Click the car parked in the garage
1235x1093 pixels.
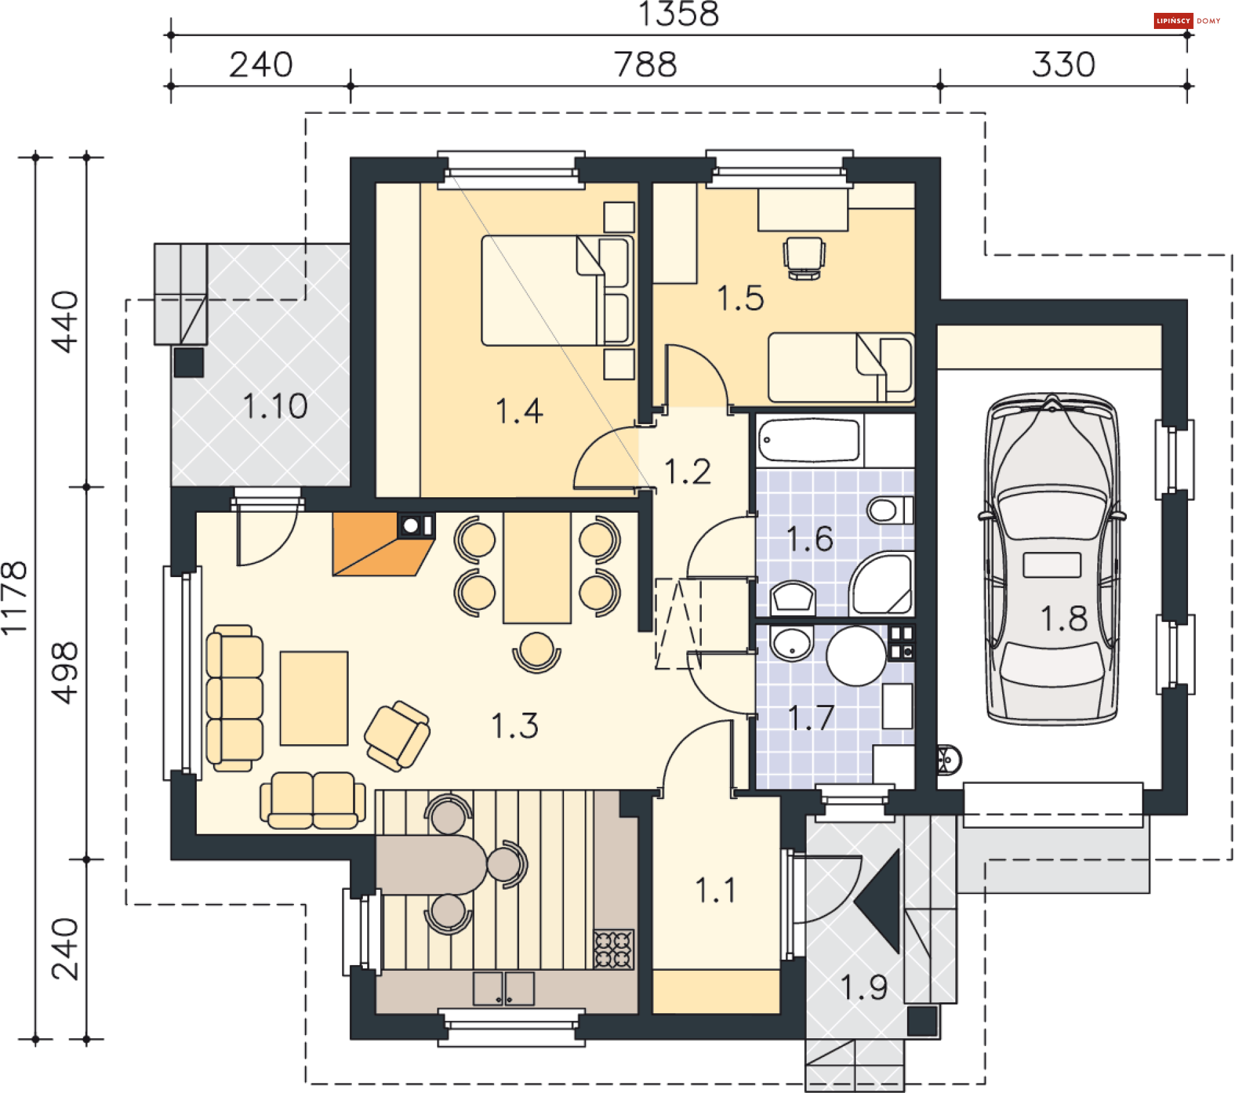pyautogui.click(x=1052, y=560)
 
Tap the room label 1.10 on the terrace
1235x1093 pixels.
pyautogui.click(x=275, y=406)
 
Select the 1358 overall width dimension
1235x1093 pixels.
pyautogui.click(x=679, y=14)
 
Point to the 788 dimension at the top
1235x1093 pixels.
pyautogui.click(x=646, y=64)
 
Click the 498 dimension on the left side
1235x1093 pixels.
pyautogui.click(x=65, y=672)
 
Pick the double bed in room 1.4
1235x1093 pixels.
pyautogui.click(x=557, y=291)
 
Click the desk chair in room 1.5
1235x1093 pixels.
pyautogui.click(x=804, y=258)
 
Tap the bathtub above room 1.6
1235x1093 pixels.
pyautogui.click(x=809, y=440)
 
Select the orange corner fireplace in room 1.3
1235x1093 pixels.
pyautogui.click(x=383, y=544)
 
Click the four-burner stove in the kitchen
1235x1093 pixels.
pyautogui.click(x=614, y=950)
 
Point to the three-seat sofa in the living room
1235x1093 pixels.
pyautogui.click(x=234, y=698)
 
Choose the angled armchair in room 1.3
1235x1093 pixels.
pyautogui.click(x=397, y=736)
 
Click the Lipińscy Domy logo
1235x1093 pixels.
pyautogui.click(x=1187, y=21)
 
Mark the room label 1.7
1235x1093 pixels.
pyautogui.click(x=811, y=718)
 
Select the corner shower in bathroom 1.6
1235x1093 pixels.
pyautogui.click(x=881, y=583)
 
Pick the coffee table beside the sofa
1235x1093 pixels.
pyautogui.click(x=314, y=699)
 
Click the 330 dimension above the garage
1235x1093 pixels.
pyautogui.click(x=1064, y=64)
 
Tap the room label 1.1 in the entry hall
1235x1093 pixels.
pyautogui.click(x=715, y=890)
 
